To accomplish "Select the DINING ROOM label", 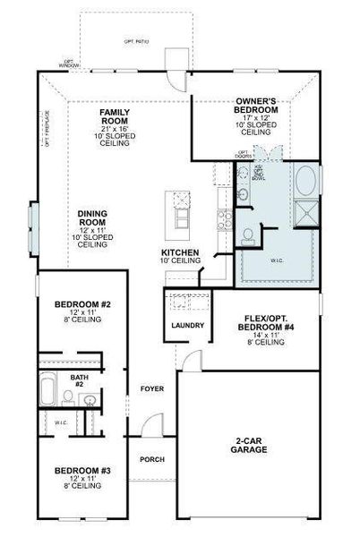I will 92,217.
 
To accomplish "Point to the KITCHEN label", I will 180,253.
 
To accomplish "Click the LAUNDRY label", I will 187,325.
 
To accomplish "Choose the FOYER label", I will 151,388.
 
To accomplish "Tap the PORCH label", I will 151,459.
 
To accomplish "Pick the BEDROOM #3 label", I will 81,471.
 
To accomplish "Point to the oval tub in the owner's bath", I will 304,182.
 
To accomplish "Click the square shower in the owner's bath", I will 304,212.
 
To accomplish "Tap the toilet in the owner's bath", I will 247,235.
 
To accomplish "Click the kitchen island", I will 182,211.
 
